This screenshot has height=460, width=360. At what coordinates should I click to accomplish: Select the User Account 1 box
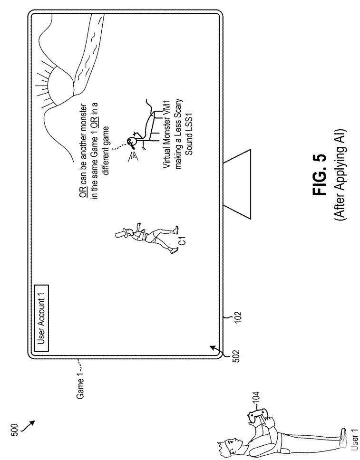[42, 316]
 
